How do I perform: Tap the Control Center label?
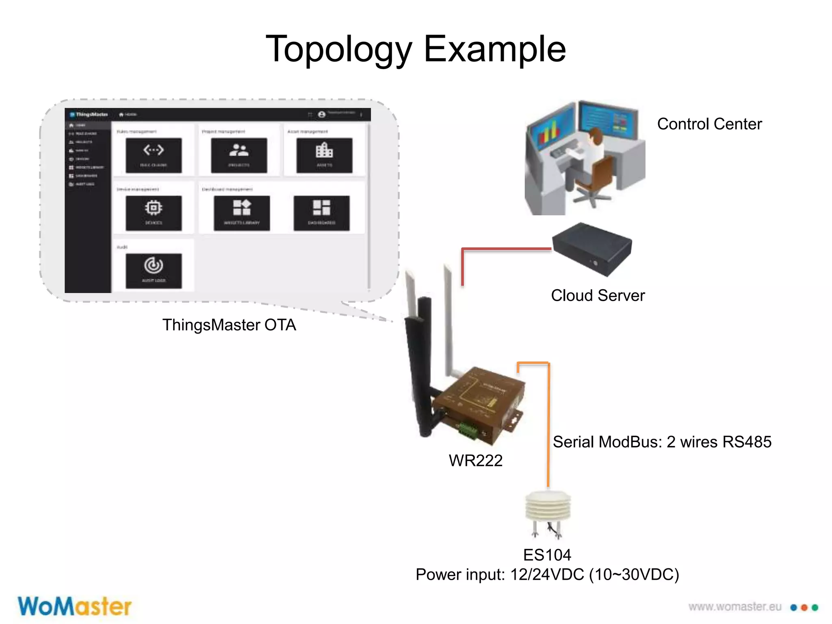[709, 124]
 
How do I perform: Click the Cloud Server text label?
[598, 295]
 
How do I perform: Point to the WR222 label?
[475, 460]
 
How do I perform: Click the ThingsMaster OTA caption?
[229, 325]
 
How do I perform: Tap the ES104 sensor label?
[547, 555]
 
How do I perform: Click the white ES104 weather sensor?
[548, 508]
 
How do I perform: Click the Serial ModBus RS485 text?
[662, 442]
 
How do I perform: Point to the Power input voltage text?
[547, 574]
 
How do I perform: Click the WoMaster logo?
[75, 607]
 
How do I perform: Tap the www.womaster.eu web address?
[734, 607]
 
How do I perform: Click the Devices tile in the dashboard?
[154, 213]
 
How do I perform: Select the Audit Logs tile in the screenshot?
[154, 271]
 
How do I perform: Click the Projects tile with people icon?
[239, 155]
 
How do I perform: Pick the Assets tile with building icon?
[324, 155]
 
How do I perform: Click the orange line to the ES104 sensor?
[548, 427]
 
